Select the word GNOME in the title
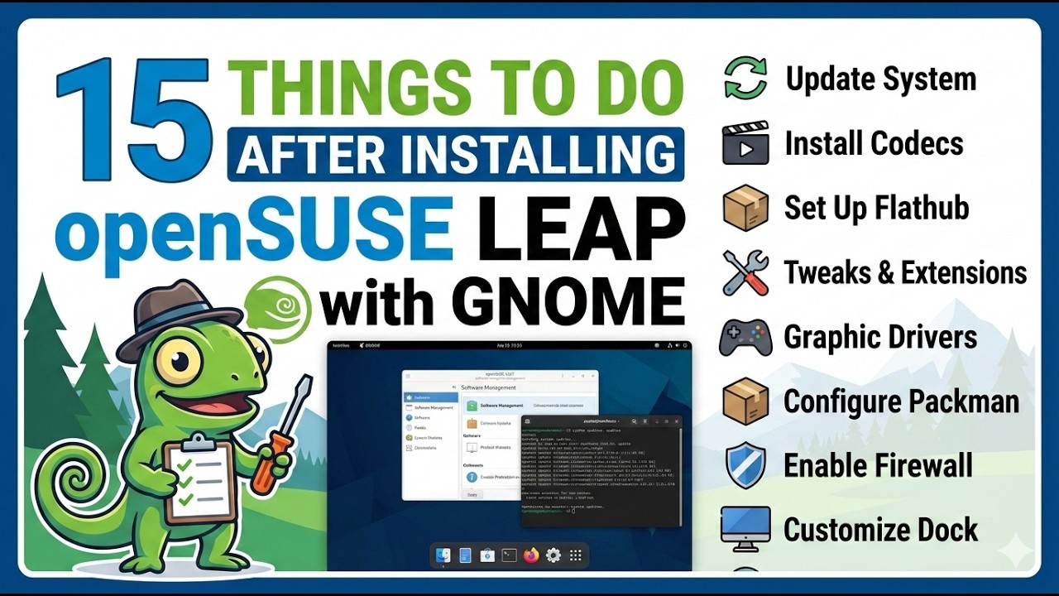coord(571,301)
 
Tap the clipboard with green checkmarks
coord(199,478)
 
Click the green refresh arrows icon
coord(745,79)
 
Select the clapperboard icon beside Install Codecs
coord(745,143)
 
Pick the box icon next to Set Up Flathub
coord(745,207)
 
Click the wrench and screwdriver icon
coord(745,272)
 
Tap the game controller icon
coord(745,338)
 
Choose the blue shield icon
coord(745,465)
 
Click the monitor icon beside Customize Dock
coord(745,529)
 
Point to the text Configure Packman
coord(901,401)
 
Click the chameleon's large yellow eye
coord(182,361)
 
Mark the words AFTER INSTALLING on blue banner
coord(455,154)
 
